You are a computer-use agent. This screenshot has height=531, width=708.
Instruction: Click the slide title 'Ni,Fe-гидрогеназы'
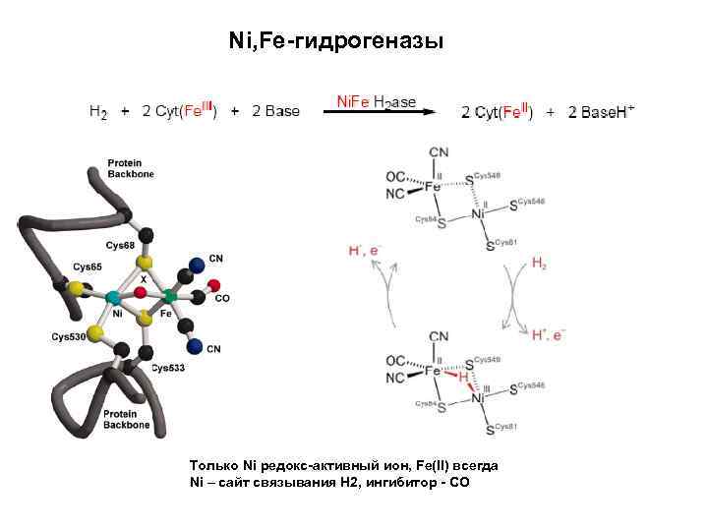coord(335,41)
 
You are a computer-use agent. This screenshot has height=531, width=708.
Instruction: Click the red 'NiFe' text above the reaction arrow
coord(353,101)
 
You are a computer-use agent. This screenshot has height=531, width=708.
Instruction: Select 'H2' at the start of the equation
coord(98,112)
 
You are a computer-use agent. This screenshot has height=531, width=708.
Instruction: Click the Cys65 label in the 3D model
coord(87,266)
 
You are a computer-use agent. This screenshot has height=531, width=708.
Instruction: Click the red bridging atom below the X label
coord(141,292)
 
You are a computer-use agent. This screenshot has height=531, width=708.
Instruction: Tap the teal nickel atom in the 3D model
coord(114,296)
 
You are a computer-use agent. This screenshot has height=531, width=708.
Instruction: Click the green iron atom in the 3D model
coord(169,295)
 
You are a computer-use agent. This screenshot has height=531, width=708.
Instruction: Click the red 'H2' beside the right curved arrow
coord(540,264)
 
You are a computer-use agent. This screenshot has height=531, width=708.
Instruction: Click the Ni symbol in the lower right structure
coord(479,397)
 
